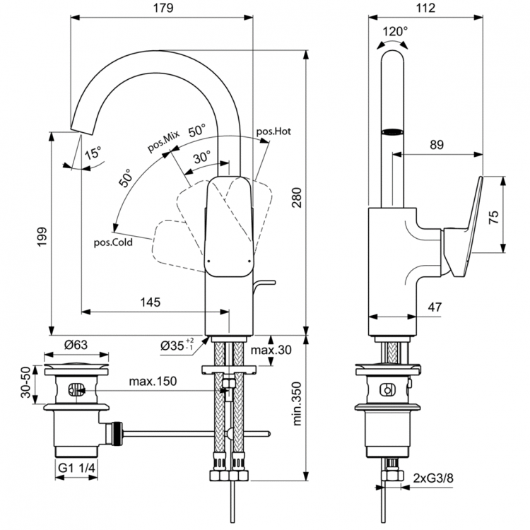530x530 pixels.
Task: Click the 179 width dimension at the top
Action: point(162,8)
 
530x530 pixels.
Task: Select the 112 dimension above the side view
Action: point(425,8)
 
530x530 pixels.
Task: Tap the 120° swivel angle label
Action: point(395,31)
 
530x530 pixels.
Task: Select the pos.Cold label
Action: point(114,242)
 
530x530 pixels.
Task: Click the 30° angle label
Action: point(201,158)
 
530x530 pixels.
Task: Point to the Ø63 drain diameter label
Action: point(76,346)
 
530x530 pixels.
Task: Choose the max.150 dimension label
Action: point(153,382)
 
